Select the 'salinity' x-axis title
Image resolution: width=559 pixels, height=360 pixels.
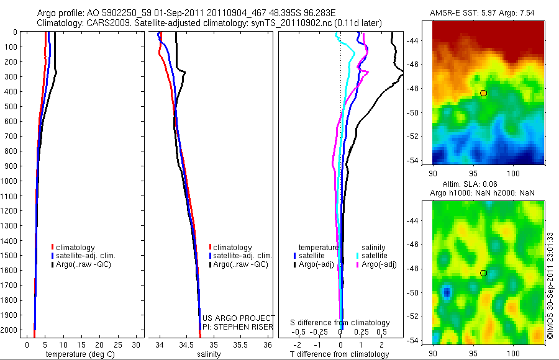209,354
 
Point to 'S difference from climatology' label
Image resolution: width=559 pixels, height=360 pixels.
340,323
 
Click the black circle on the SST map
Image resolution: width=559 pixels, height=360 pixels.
483,93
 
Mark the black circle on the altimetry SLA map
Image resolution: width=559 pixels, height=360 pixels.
483,273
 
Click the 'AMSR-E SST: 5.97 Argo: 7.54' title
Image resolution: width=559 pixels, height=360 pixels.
488,13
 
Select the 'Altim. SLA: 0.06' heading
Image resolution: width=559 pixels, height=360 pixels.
488,185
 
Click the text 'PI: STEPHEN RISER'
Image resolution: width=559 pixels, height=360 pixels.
239,326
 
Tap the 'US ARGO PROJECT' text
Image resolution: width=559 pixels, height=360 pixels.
239,318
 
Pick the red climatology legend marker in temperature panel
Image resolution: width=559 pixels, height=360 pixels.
52,248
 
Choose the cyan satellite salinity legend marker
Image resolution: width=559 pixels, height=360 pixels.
358,256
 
